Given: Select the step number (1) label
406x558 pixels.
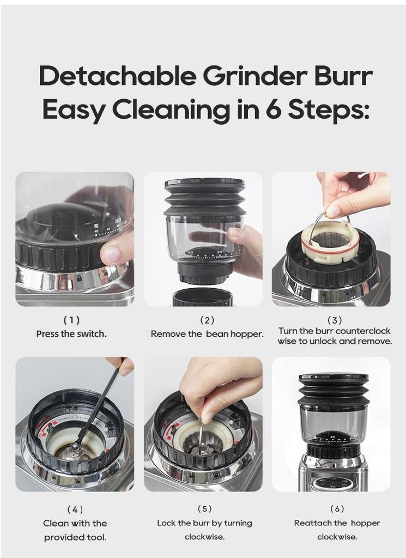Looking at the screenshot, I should (x=71, y=320).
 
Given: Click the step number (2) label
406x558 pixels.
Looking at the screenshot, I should (x=207, y=320).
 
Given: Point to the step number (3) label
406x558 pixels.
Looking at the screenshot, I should (x=335, y=320).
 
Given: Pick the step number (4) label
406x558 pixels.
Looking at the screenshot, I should (x=75, y=510).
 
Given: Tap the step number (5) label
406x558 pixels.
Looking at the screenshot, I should (x=204, y=509).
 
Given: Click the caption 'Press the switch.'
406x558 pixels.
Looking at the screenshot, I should (x=71, y=333).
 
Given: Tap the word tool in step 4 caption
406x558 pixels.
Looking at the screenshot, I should (x=97, y=537).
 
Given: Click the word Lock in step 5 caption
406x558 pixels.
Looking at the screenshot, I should (x=166, y=523).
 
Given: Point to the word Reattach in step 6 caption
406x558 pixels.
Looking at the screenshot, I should (x=312, y=523).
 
